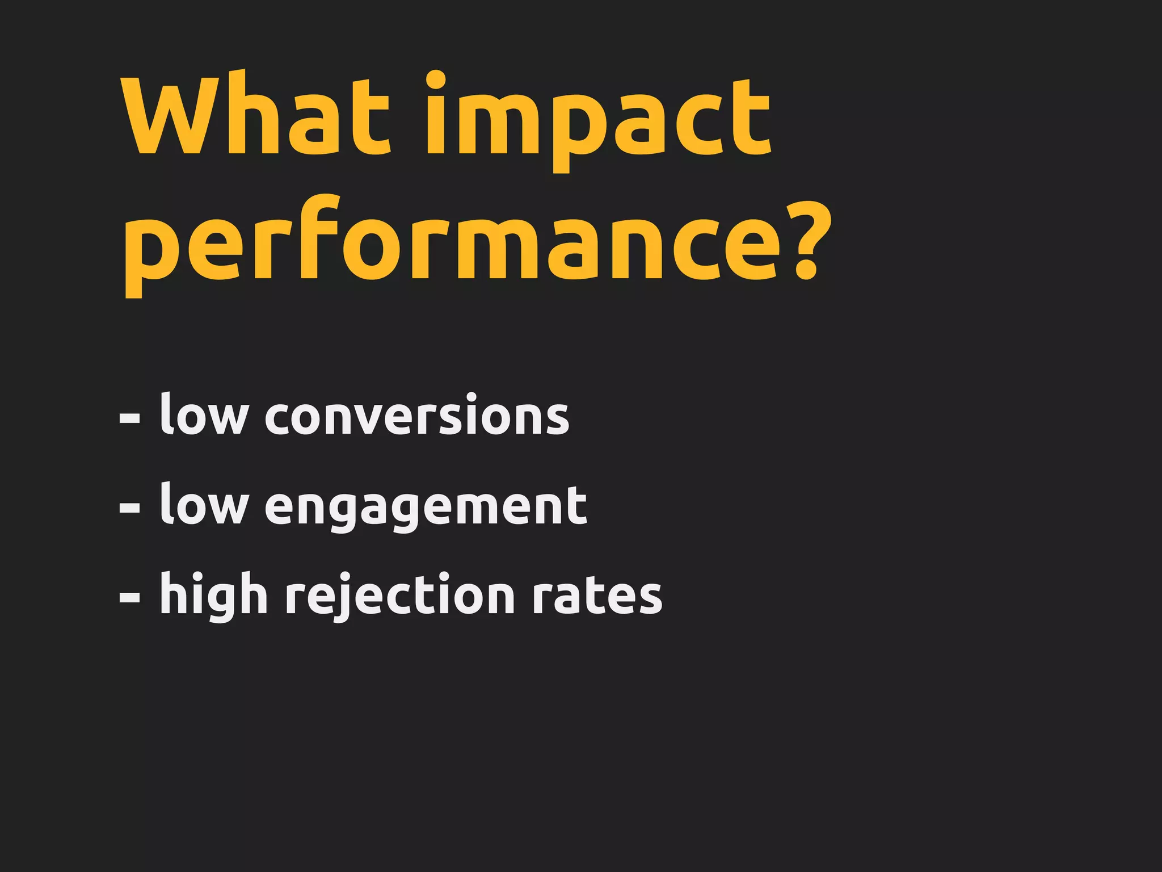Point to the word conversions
[417, 416]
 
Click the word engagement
[426, 507]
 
